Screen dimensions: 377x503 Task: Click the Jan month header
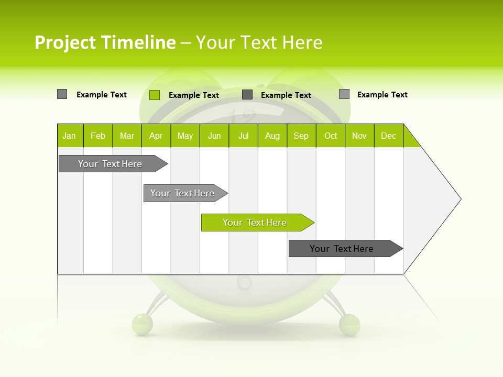coord(69,136)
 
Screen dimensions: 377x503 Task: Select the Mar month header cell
coord(127,136)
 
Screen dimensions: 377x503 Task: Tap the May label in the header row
coord(185,136)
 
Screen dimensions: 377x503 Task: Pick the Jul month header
coord(243,136)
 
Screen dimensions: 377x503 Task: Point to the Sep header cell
coord(301,136)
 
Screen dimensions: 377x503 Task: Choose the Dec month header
coord(388,136)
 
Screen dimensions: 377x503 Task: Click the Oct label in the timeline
coord(331,136)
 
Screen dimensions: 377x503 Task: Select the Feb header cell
coord(98,136)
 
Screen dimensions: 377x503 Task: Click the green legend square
coord(154,95)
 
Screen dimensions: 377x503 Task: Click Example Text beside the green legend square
coord(193,95)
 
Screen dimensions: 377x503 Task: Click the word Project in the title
coord(65,42)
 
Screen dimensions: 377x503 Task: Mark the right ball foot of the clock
coord(349,324)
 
